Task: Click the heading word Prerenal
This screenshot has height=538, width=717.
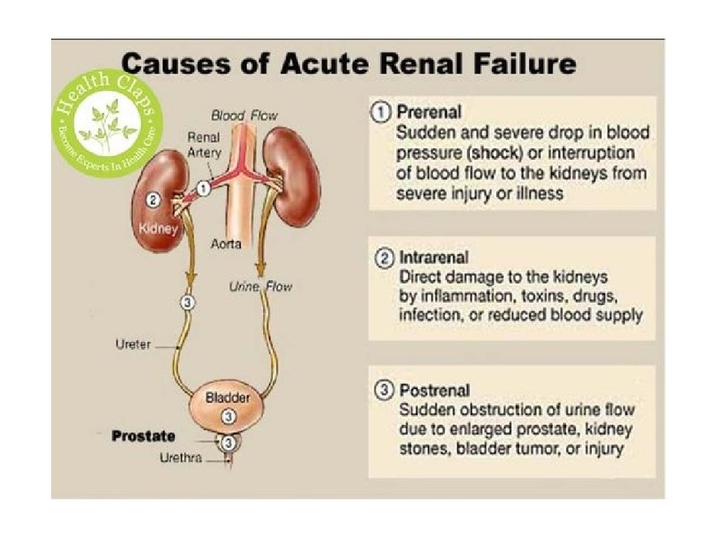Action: [x=429, y=112]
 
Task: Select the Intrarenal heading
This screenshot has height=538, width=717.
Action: [x=433, y=257]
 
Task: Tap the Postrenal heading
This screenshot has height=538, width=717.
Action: [x=434, y=389]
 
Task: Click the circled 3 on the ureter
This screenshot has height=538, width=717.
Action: [x=186, y=303]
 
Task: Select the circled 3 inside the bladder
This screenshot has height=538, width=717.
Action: [x=228, y=416]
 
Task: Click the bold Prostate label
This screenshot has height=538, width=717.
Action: [x=144, y=436]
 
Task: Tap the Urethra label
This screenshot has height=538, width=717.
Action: [x=181, y=459]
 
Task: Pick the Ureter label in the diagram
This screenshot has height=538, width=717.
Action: [x=132, y=345]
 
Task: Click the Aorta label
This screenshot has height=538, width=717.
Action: [x=227, y=244]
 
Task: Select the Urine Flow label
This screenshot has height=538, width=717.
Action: [x=260, y=287]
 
